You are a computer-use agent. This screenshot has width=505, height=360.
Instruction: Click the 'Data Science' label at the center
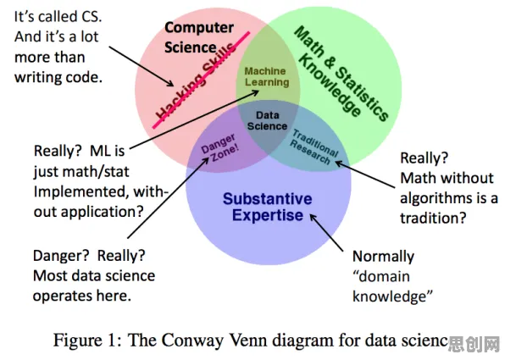click(267, 120)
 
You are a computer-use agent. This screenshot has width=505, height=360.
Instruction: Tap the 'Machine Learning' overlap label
click(266, 76)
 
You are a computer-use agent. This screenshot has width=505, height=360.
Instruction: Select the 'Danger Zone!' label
click(220, 147)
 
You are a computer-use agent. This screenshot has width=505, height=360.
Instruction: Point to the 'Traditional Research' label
click(313, 147)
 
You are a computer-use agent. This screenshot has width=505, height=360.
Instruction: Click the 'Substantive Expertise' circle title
click(267, 207)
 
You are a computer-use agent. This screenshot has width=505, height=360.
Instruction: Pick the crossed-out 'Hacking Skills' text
click(196, 81)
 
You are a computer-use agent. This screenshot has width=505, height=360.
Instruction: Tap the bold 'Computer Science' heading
click(199, 37)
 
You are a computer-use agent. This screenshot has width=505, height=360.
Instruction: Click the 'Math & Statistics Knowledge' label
click(341, 75)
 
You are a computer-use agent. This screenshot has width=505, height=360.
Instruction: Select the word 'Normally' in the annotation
click(383, 257)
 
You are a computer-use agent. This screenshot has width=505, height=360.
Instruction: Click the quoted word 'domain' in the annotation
click(381, 276)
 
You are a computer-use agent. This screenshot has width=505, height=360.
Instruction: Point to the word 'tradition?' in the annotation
click(433, 219)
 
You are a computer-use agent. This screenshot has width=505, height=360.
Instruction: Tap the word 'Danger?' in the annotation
click(61, 256)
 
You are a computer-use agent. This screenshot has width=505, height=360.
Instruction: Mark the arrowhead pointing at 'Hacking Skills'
click(170, 83)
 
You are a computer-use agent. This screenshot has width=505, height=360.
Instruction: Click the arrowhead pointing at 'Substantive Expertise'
click(313, 218)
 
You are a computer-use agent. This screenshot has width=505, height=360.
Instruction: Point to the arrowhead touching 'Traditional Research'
click(339, 163)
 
